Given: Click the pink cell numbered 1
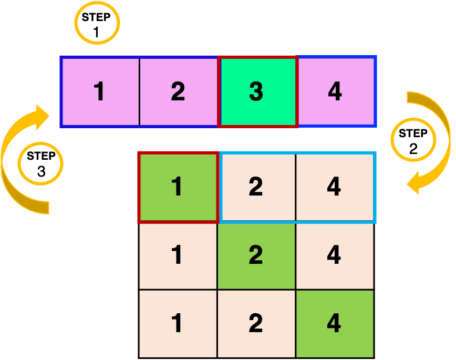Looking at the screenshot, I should pyautogui.click(x=100, y=92).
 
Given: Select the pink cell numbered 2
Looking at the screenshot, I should pyautogui.click(x=178, y=92).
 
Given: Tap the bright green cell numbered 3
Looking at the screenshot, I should pyautogui.click(x=257, y=92).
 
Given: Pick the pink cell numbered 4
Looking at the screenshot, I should pyautogui.click(x=335, y=92).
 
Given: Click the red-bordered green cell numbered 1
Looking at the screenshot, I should pyautogui.click(x=178, y=187).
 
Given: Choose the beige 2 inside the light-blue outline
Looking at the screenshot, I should pyautogui.click(x=256, y=187).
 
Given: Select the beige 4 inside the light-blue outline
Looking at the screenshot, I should pyautogui.click(x=335, y=187).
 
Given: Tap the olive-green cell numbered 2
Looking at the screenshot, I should pyautogui.click(x=256, y=255).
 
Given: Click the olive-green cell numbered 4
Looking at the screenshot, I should pyautogui.click(x=335, y=323).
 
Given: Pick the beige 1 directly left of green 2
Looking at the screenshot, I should pyautogui.click(x=178, y=255).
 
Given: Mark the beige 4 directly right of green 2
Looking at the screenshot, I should pyautogui.click(x=335, y=255).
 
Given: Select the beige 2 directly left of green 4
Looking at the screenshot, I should pyautogui.click(x=256, y=323).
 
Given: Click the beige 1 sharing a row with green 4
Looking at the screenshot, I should pyautogui.click(x=178, y=323).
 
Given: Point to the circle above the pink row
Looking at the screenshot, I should pyautogui.click(x=97, y=23).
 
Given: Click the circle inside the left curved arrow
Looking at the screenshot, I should pyautogui.click(x=40, y=163).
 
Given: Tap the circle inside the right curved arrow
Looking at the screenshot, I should pyautogui.click(x=413, y=140).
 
